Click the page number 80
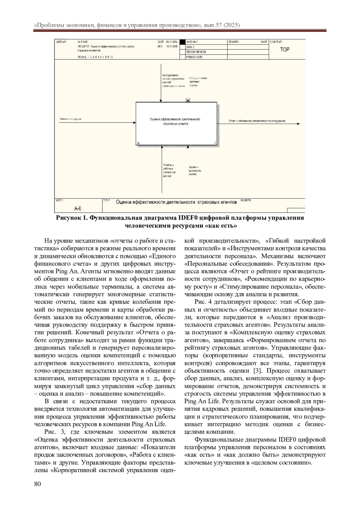pyautogui.click(x=37, y=484)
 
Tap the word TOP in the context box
pyautogui.click(x=285, y=50)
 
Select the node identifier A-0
pyautogui.click(x=78, y=208)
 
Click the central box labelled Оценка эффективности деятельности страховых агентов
pyautogui.click(x=176, y=124)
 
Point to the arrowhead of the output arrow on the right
pyautogui.click(x=298, y=124)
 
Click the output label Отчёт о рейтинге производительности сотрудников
pyautogui.click(x=257, y=121)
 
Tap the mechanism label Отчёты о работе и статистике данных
pyautogui.click(x=169, y=170)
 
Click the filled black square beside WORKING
pyautogui.click(x=183, y=42)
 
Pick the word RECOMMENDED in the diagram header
pyautogui.click(x=196, y=52)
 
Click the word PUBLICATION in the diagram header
pyautogui.click(x=194, y=57)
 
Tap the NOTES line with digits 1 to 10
pyautogui.click(x=95, y=57)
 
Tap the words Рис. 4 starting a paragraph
pyautogui.click(x=203, y=302)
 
